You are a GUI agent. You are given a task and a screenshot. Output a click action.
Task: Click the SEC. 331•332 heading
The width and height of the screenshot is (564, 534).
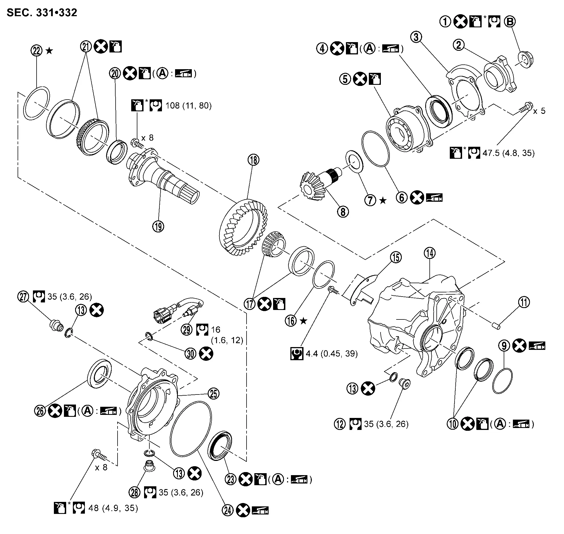pos(42,13)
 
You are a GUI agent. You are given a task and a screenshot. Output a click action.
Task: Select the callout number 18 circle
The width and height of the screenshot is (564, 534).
pos(254,160)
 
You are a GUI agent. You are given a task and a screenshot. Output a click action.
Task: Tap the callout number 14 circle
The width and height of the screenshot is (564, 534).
pos(429,253)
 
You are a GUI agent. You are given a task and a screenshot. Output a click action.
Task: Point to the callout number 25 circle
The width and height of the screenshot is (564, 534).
pos(214,394)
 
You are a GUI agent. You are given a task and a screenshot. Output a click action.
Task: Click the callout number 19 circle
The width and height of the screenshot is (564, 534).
pos(158,227)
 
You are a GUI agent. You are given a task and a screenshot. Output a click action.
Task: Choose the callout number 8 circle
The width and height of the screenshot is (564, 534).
pos(343,212)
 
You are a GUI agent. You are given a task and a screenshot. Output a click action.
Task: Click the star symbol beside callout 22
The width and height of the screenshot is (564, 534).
pos(49,51)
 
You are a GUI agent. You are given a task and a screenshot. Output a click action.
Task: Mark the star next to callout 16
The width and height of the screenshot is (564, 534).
pos(304,321)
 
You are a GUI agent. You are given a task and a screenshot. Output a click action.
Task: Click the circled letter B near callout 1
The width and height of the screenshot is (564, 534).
pos(510,22)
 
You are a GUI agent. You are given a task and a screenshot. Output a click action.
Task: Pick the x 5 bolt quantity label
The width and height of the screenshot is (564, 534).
pos(539,111)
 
